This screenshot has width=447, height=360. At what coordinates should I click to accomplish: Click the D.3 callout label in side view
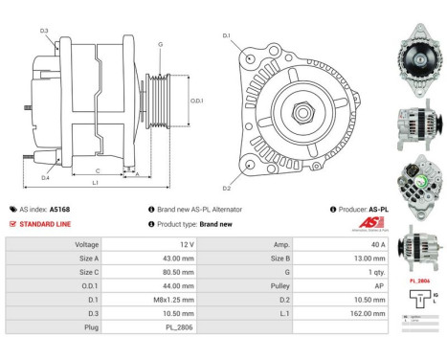[45, 31]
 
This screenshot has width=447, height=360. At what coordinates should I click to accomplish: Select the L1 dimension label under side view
[94, 182]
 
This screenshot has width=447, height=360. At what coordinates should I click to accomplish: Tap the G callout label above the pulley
[160, 45]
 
